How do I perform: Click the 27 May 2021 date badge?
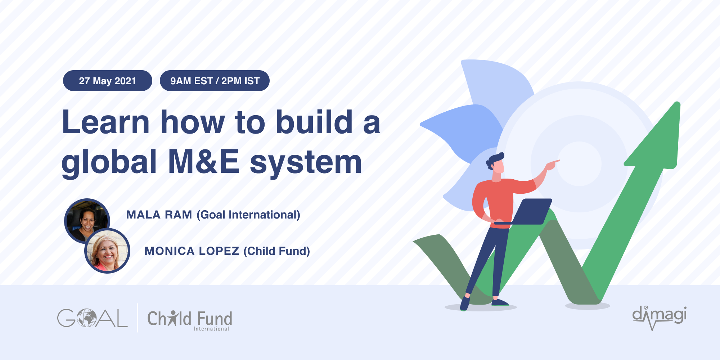click(107, 81)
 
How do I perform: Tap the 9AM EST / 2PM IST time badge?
click(215, 81)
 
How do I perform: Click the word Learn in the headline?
click(105, 122)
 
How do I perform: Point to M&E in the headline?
click(204, 162)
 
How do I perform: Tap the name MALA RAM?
click(159, 215)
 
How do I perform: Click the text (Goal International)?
click(248, 215)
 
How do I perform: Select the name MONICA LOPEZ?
click(192, 251)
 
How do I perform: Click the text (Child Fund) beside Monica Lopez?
click(276, 251)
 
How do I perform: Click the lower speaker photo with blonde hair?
click(107, 251)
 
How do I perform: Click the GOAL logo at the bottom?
click(92, 318)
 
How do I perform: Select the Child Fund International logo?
click(190, 320)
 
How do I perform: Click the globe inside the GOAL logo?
click(86, 318)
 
